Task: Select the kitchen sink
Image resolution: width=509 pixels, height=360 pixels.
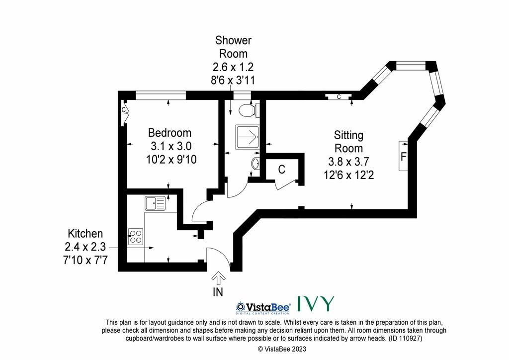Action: (x=155, y=203)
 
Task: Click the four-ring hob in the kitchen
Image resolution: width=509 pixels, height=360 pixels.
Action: (x=136, y=237)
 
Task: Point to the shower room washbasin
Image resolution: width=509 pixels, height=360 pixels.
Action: (x=255, y=163)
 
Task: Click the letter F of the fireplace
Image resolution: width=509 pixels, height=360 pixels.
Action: (x=403, y=157)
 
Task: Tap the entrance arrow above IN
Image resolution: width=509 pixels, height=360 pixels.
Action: (x=219, y=278)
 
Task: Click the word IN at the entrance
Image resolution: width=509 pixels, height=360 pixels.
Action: (x=218, y=292)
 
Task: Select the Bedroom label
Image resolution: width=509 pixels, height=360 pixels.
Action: (x=170, y=133)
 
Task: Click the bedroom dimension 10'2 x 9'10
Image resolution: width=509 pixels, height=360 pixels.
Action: (x=171, y=160)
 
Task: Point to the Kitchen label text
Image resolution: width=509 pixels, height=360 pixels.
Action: (x=85, y=233)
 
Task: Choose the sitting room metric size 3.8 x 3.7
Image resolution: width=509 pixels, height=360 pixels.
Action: (x=348, y=162)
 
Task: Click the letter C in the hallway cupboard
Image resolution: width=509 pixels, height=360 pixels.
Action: (x=281, y=169)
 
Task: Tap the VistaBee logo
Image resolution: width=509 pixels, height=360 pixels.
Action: (x=263, y=307)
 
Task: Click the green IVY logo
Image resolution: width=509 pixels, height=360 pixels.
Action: (x=316, y=304)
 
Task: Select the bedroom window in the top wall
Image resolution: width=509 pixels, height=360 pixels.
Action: (x=161, y=95)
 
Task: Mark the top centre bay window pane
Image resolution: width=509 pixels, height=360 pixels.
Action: (x=411, y=66)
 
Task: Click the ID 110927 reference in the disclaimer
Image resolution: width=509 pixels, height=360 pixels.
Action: (x=405, y=339)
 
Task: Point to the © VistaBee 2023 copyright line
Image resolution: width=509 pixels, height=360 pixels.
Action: (x=282, y=349)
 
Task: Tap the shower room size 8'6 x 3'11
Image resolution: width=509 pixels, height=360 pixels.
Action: (x=233, y=80)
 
